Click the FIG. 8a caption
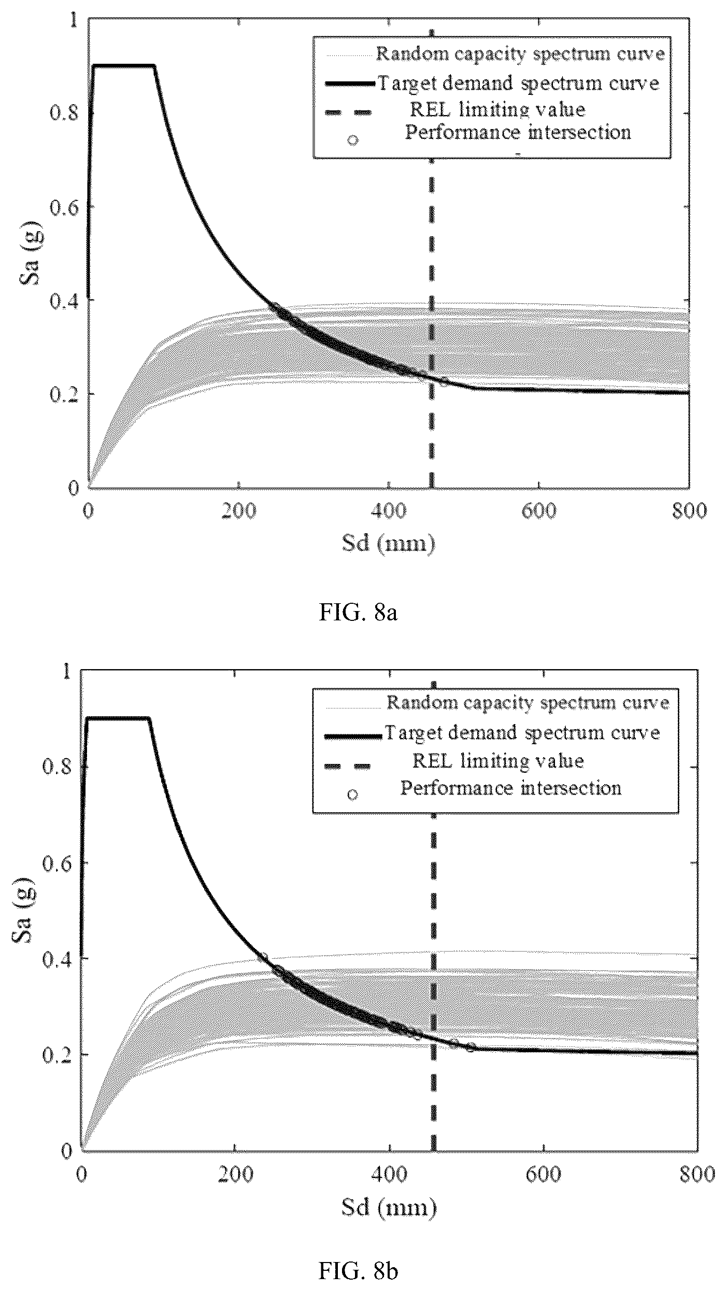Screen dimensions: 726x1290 tap(359, 613)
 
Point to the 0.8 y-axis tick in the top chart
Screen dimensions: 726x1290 tap(63, 114)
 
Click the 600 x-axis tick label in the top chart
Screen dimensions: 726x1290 tap(538, 511)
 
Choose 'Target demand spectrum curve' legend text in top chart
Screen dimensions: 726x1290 tap(519, 83)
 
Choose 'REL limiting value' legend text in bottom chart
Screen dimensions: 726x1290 tap(498, 760)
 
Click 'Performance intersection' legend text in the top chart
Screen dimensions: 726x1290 tap(518, 132)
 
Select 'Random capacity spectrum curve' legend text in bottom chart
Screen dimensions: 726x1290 tap(528, 702)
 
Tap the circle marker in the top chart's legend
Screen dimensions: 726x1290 tap(353, 140)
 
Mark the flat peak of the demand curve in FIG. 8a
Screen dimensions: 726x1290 tap(124, 66)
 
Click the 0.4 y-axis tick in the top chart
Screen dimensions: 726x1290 tap(63, 300)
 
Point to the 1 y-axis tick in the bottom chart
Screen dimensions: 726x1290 tap(66, 672)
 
